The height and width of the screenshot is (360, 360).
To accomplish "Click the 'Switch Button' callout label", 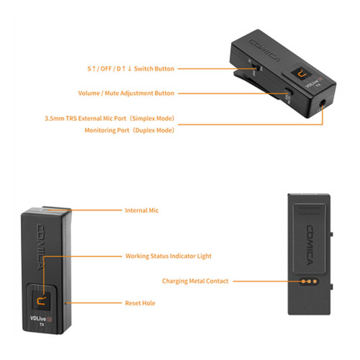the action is [131, 69].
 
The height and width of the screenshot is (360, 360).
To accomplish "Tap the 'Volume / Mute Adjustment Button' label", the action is [126, 93].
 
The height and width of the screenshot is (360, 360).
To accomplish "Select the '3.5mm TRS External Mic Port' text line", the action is [109, 119].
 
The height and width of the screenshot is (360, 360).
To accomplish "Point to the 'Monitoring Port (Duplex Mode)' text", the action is [130, 130].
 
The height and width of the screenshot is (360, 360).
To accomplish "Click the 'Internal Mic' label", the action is [142, 210].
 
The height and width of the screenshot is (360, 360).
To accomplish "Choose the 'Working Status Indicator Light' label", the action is [168, 256].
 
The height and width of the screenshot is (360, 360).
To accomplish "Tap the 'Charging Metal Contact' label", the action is [195, 281].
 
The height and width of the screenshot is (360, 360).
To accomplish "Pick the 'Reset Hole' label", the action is [140, 303].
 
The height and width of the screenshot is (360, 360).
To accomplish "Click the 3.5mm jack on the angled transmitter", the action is [323, 104].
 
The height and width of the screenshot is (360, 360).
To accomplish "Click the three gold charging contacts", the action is [309, 282].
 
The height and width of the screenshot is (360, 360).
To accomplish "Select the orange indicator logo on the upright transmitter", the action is [41, 301].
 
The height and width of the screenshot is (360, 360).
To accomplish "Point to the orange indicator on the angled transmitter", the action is [302, 74].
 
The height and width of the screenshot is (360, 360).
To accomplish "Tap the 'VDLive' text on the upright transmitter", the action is [38, 318].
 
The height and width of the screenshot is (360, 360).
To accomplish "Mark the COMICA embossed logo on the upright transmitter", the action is [40, 247].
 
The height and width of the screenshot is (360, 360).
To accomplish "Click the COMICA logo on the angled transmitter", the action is [265, 50].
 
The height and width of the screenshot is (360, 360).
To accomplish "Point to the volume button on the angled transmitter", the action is [289, 91].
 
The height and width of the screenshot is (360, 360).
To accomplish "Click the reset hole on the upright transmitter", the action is [66, 303].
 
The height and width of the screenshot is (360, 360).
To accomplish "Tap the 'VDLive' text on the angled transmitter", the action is [312, 84].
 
